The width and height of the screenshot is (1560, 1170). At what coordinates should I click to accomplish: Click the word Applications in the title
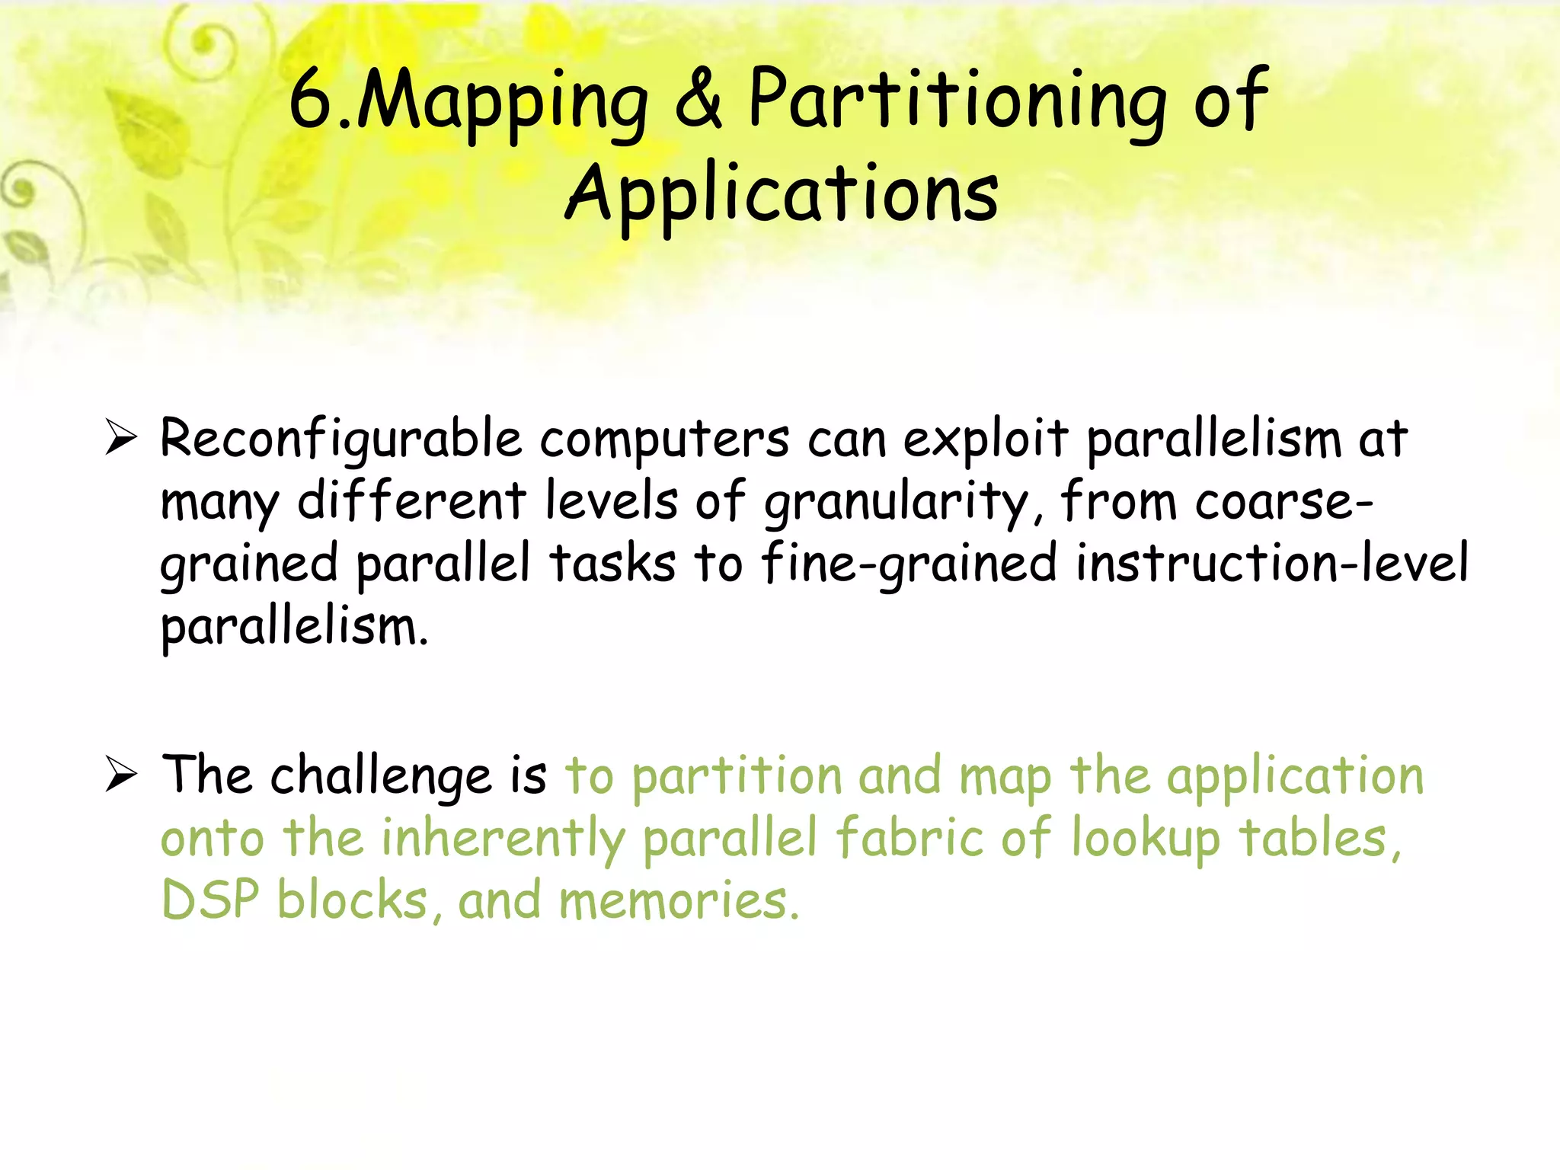782,195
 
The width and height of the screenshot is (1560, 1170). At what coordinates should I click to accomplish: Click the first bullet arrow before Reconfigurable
121,438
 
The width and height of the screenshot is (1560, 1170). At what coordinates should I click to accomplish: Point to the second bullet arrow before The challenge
121,775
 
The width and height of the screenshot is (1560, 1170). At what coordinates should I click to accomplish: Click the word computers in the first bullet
664,441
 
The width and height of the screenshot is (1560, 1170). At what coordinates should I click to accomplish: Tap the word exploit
986,441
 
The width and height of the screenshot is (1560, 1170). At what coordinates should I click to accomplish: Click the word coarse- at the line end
1284,502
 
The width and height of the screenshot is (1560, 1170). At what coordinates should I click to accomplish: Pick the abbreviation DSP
210,900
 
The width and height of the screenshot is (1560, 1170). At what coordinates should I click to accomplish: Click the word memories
679,900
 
